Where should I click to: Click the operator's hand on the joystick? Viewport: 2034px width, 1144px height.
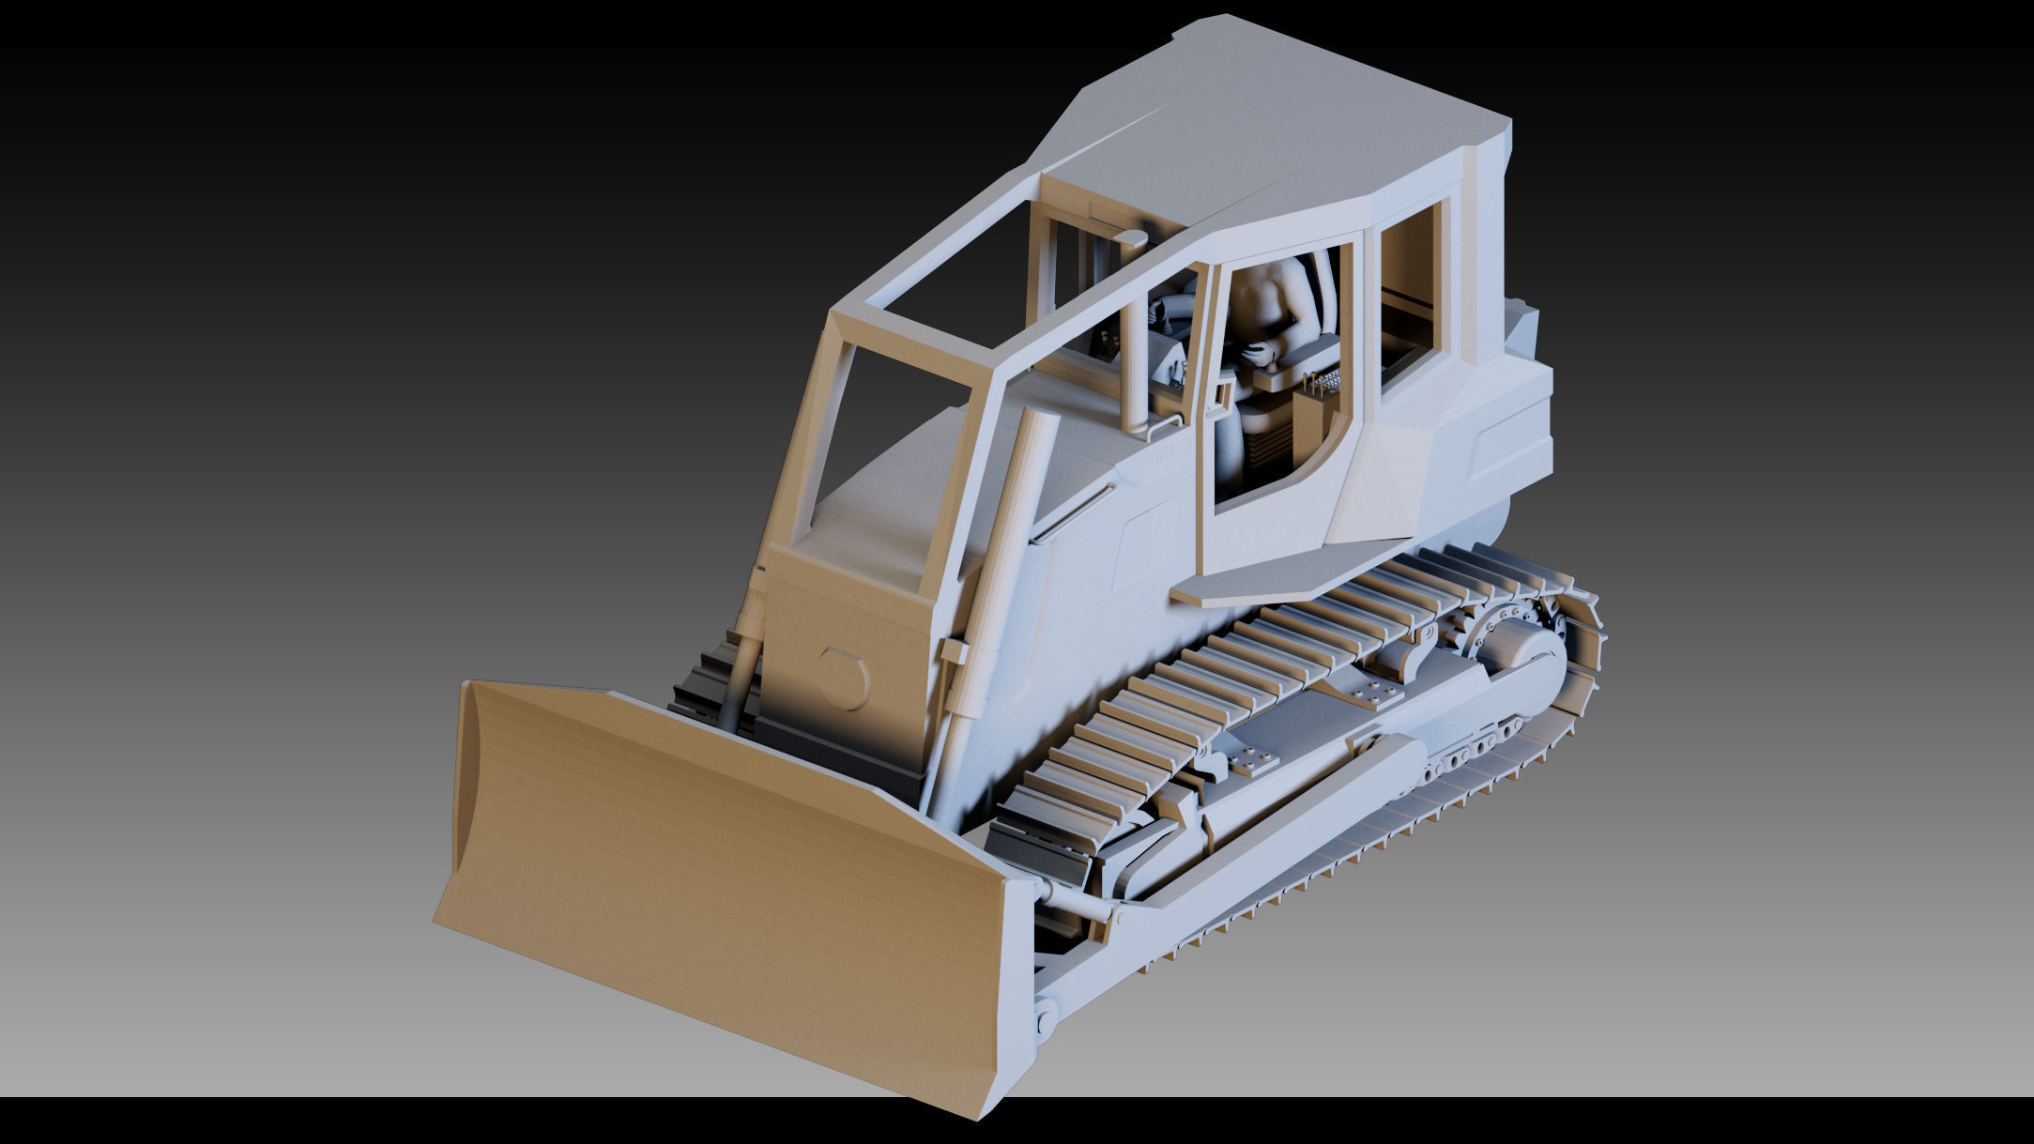1258,353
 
